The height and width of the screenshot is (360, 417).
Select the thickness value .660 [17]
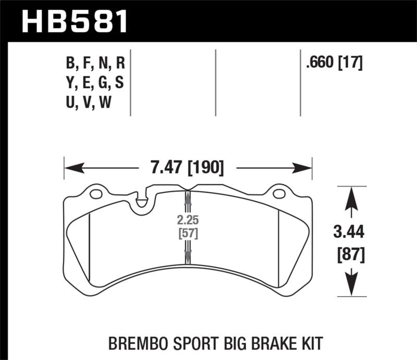pos(334,63)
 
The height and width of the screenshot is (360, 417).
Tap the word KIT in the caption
pos(312,343)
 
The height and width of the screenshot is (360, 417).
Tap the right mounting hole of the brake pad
pos(279,195)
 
